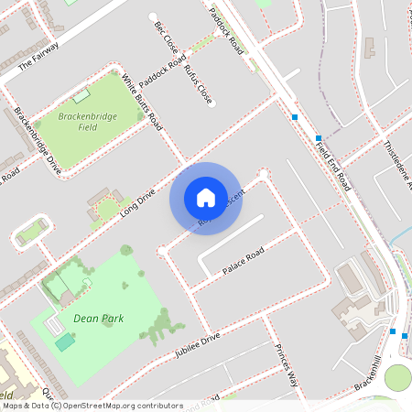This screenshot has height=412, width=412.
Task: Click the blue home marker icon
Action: [x=205, y=198]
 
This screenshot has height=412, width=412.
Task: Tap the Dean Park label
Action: [x=98, y=319]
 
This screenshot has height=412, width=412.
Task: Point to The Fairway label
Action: [x=38, y=56]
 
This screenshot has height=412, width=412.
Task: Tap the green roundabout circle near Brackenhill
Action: [x=398, y=377]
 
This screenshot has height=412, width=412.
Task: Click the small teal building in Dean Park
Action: [x=64, y=342]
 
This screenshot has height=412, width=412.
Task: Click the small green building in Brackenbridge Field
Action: [x=83, y=94]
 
